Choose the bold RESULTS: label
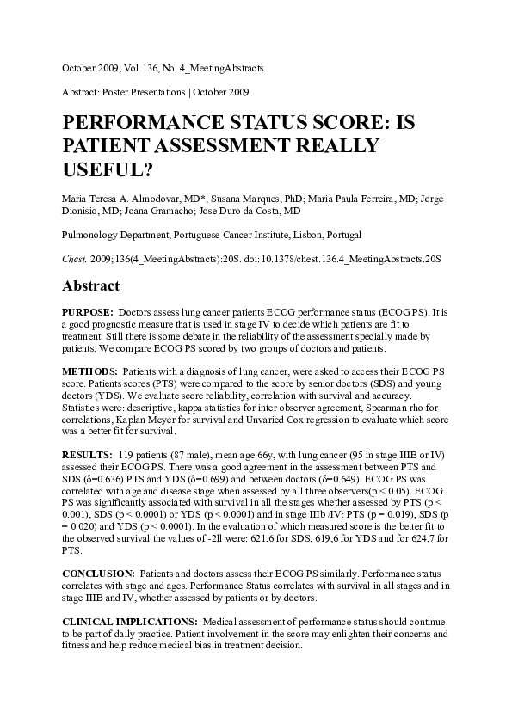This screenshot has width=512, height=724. coord(87,452)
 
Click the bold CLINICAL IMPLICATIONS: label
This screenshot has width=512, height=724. coord(130,621)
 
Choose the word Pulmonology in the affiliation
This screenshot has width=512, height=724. coord(94,234)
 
